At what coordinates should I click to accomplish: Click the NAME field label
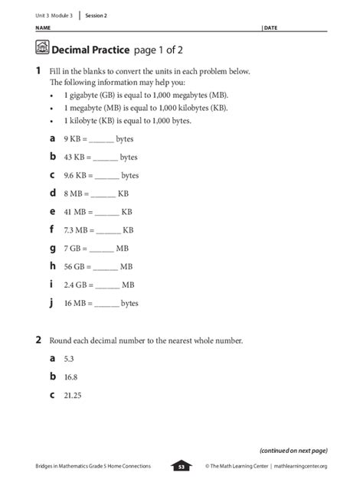42,28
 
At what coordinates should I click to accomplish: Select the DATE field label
270,28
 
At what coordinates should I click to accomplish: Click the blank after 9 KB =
103,140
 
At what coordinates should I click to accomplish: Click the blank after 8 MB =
104,194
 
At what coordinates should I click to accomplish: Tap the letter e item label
53,211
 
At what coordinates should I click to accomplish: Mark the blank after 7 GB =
102,248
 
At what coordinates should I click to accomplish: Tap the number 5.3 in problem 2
69,358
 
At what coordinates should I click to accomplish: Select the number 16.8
71,376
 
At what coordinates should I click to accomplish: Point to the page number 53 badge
181,466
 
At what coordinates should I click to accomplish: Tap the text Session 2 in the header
96,15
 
